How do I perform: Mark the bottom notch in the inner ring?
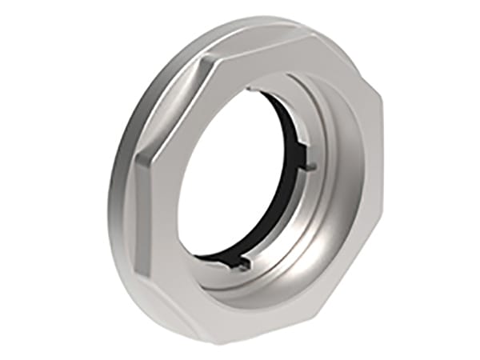coord(244,262)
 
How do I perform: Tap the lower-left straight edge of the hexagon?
coord(172,256)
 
